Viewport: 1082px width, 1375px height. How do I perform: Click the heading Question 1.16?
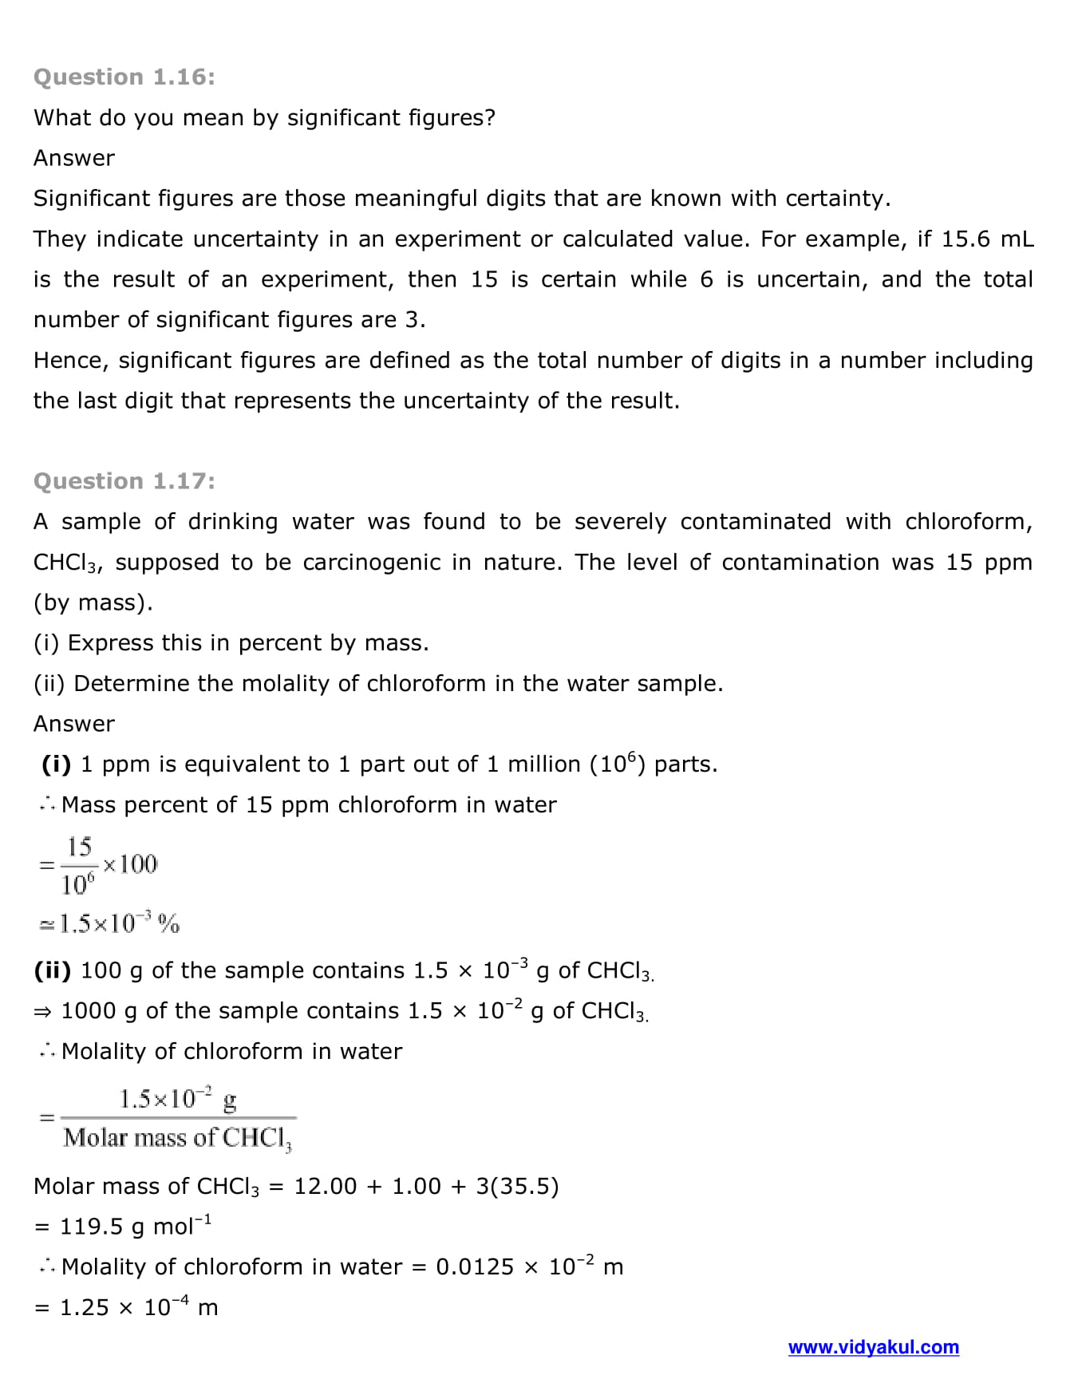click(x=124, y=77)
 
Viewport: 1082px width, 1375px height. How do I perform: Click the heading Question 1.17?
click(x=124, y=481)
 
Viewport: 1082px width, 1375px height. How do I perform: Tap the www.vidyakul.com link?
click(x=873, y=1347)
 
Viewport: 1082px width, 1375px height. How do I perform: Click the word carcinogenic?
click(x=372, y=563)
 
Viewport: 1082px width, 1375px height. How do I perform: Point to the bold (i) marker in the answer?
click(x=57, y=765)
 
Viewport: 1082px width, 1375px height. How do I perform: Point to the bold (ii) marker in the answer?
click(x=53, y=970)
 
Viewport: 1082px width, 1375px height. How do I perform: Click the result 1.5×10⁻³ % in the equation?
click(x=120, y=924)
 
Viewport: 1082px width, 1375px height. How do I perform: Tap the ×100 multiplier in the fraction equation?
click(x=131, y=864)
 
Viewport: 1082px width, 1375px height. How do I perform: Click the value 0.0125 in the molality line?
click(x=475, y=1267)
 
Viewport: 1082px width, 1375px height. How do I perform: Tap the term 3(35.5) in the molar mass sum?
click(x=517, y=1187)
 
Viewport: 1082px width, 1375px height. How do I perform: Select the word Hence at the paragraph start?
click(x=70, y=361)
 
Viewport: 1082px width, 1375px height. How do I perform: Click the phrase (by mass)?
click(x=93, y=603)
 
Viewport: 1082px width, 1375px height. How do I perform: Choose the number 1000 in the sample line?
click(x=89, y=1011)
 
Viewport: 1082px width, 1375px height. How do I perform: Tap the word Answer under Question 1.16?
click(x=74, y=158)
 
